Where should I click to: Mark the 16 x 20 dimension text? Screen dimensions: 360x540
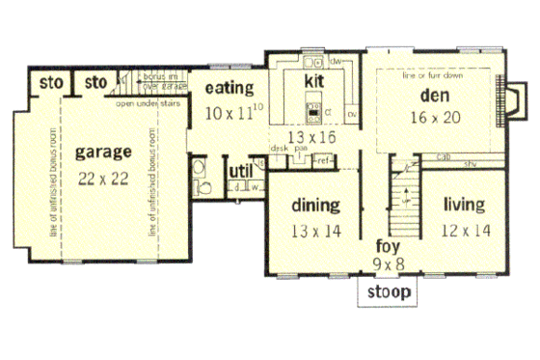point(434,116)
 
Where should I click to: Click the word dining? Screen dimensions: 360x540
point(313,206)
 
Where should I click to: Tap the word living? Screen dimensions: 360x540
point(464,206)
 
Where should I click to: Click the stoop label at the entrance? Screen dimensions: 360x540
point(386,291)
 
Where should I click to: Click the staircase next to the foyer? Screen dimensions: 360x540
point(408,198)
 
